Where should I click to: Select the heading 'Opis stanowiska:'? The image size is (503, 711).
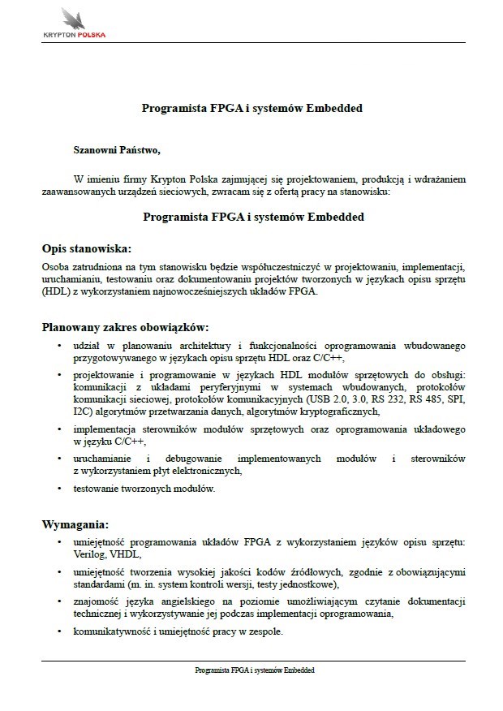click(x=86, y=248)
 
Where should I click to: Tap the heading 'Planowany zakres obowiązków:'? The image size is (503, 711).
click(x=125, y=328)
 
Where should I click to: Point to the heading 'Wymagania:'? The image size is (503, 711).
click(x=74, y=524)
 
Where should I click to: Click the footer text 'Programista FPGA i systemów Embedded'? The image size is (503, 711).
click(x=254, y=670)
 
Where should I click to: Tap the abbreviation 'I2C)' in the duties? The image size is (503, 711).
click(x=83, y=412)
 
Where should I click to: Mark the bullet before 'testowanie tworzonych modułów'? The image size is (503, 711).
click(x=61, y=489)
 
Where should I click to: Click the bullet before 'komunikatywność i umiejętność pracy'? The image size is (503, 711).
click(x=61, y=632)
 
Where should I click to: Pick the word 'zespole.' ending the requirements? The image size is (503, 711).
click(x=265, y=632)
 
